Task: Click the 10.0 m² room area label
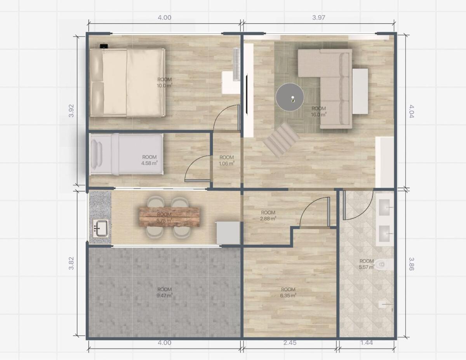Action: coord(165,83)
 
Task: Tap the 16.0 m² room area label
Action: coord(319,112)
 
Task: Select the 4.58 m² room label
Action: coord(150,160)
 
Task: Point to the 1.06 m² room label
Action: coord(227,161)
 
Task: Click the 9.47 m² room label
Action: coord(165,292)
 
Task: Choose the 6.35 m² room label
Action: coord(288,292)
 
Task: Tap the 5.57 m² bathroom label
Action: coord(367,264)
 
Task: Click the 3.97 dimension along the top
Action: coord(319,17)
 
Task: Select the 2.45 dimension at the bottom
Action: coord(290,343)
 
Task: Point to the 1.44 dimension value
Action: coord(367,343)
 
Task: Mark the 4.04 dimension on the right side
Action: coord(411,111)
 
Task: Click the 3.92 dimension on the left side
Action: coord(71,111)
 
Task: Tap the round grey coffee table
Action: coord(290,97)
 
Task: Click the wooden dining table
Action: coord(169,217)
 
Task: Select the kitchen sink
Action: coord(100,228)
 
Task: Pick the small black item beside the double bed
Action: coord(104,46)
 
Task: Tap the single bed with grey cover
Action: coord(127,154)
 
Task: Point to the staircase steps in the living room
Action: coord(282,140)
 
